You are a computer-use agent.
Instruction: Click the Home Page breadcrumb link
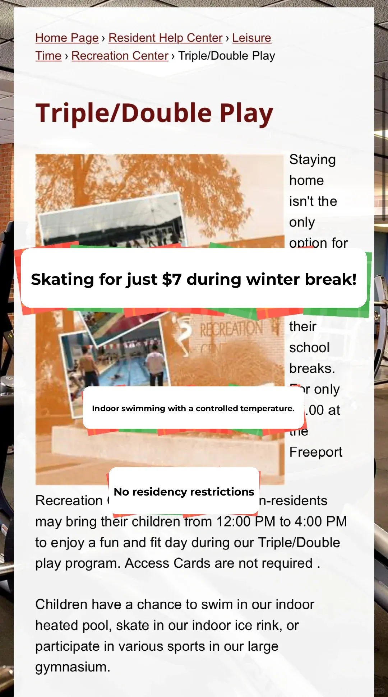(67, 38)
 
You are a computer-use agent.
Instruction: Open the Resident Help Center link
(165, 38)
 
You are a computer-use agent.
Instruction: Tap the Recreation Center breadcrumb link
(120, 56)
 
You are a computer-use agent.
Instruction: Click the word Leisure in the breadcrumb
(251, 38)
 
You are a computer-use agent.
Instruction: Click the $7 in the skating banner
(171, 279)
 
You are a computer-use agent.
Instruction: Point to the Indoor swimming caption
(193, 408)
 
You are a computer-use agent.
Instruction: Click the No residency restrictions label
(184, 492)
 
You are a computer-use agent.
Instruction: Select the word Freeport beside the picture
(315, 452)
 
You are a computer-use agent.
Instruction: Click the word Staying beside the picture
(312, 160)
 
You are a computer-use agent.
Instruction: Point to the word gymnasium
(72, 667)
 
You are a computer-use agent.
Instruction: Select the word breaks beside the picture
(311, 368)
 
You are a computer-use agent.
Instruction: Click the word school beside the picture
(309, 348)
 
